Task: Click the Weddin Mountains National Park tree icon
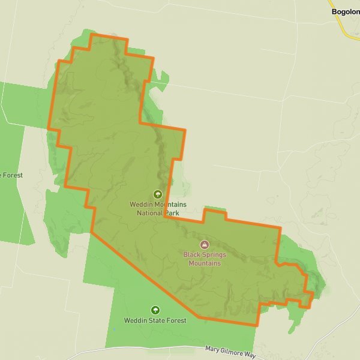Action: point(158,194)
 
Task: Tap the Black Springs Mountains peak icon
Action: point(205,245)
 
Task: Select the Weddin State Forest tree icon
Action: point(155,310)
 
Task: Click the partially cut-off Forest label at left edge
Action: point(12,175)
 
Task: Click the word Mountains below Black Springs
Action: point(205,263)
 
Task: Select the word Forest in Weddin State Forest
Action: point(176,320)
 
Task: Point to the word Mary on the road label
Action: point(212,348)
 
